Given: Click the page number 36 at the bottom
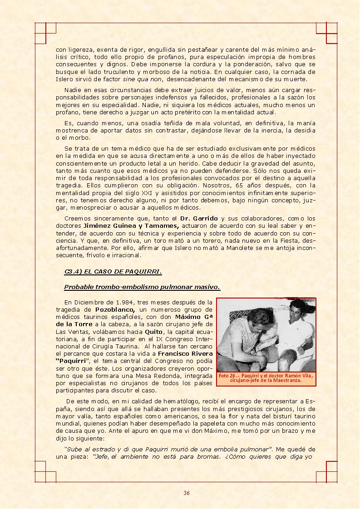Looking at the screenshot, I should pyautogui.click(x=186, y=493).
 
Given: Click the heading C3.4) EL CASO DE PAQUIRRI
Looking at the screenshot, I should pyautogui.click(x=113, y=272).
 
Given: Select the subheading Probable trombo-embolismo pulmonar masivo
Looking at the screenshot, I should pyautogui.click(x=142, y=287).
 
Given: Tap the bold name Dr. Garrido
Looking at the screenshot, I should pyautogui.click(x=199, y=219).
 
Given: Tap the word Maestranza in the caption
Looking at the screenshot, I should pyautogui.click(x=287, y=381).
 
